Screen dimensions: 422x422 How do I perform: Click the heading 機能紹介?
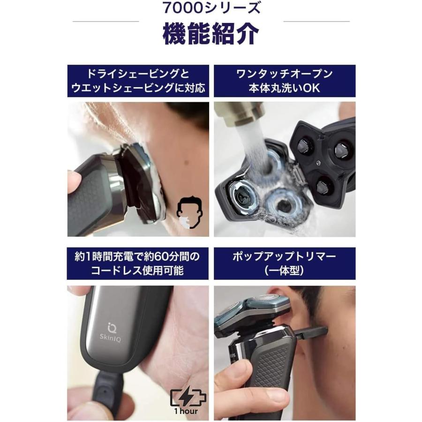coord(211,34)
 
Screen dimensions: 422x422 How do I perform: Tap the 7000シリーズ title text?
coord(211,8)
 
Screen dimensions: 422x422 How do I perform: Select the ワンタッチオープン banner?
coord(285,81)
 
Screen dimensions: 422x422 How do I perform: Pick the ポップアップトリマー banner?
coord(285,263)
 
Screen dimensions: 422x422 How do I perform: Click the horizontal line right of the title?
coord(316,22)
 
